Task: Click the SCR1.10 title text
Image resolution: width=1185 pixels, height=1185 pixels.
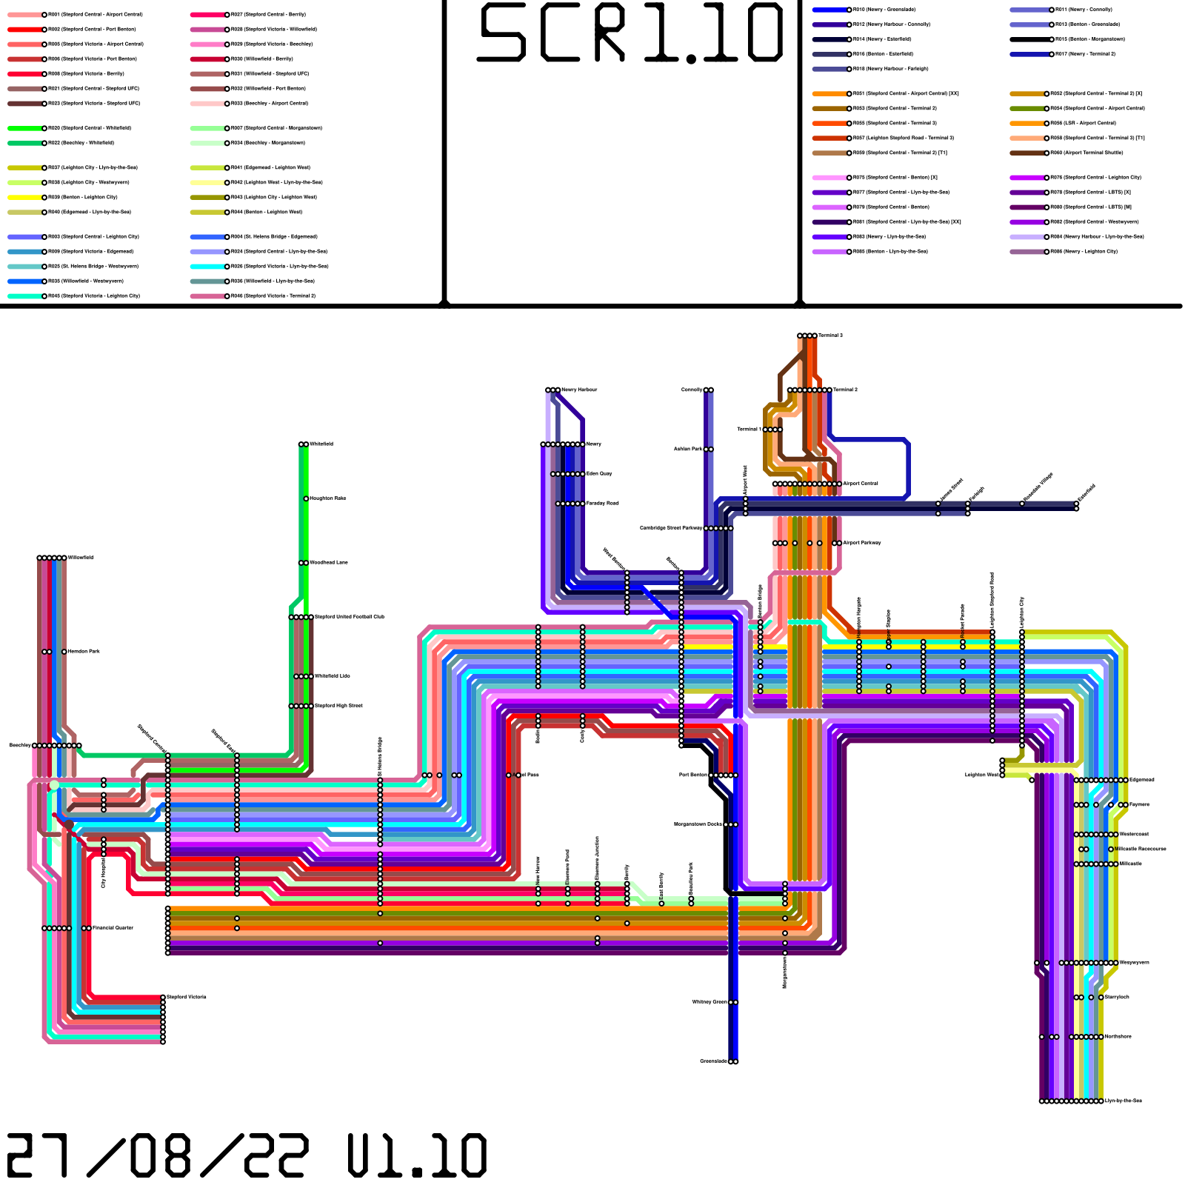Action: (x=630, y=33)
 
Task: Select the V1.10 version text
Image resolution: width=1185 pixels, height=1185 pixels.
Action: (x=417, y=1155)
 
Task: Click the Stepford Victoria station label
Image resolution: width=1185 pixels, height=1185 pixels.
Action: (x=187, y=997)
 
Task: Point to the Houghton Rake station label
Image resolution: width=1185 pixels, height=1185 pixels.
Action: (x=327, y=498)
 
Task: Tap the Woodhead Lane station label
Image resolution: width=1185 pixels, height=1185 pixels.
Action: (x=328, y=562)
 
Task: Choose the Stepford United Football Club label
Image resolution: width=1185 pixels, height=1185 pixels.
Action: (x=350, y=616)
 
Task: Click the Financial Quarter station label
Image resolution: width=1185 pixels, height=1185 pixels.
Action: (x=113, y=927)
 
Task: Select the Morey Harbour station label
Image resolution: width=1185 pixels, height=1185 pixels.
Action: (x=579, y=390)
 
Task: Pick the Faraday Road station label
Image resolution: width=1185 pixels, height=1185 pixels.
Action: (x=602, y=503)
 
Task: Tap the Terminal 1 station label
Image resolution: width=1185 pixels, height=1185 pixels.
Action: (x=749, y=429)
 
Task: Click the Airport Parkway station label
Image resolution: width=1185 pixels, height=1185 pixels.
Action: (x=862, y=543)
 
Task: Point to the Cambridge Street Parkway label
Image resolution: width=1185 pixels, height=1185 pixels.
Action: (x=671, y=528)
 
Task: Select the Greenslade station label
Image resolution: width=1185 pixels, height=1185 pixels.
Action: (x=714, y=1061)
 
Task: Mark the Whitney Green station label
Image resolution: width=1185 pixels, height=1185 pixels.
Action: (x=710, y=1002)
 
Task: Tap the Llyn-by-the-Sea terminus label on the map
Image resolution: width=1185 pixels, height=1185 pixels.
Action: (x=1124, y=1101)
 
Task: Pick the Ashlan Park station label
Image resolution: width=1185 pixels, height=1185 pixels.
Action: (x=688, y=449)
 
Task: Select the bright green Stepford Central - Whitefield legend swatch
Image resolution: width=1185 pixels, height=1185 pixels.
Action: (x=24, y=128)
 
